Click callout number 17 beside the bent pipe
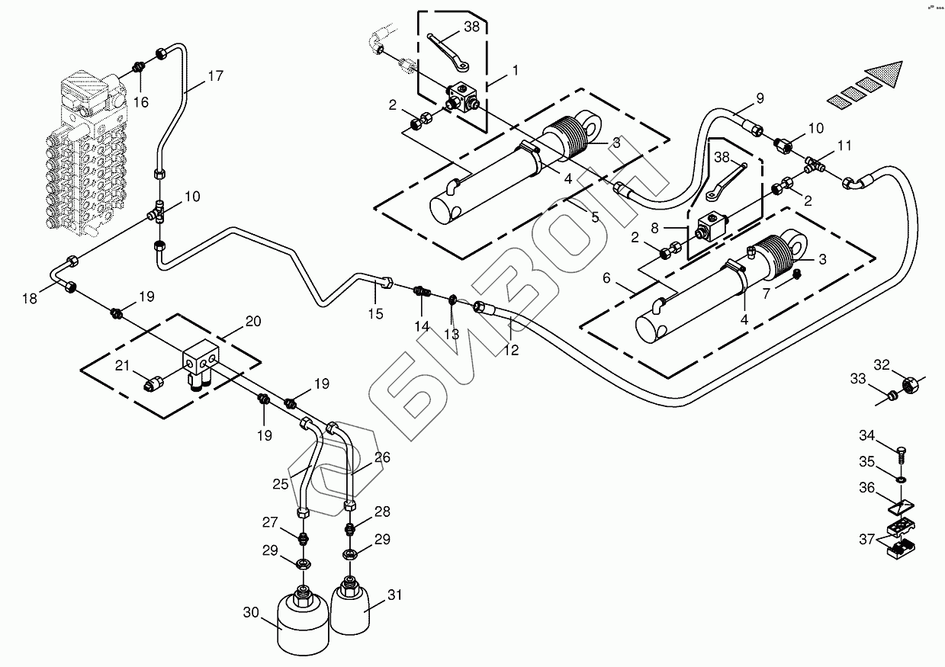pyautogui.click(x=215, y=76)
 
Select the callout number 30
pyautogui.click(x=252, y=611)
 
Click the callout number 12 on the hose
pyautogui.click(x=511, y=350)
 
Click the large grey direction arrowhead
pyautogui.click(x=885, y=75)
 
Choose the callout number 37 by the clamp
pyautogui.click(x=867, y=539)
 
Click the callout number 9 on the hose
pyautogui.click(x=759, y=98)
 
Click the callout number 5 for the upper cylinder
pyautogui.click(x=595, y=217)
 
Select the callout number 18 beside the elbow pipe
pyautogui.click(x=30, y=299)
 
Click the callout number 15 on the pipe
pyautogui.click(x=376, y=313)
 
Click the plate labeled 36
pyautogui.click(x=902, y=505)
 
